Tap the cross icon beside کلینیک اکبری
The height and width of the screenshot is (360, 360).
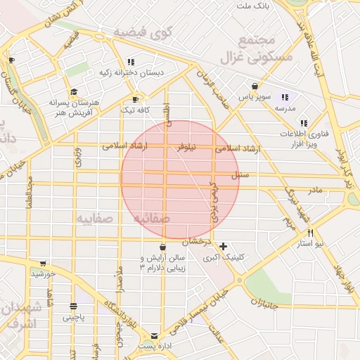coord(223,246)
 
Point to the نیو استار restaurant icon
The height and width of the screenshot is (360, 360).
coord(309,233)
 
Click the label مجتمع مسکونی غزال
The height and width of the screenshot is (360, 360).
coord(264,49)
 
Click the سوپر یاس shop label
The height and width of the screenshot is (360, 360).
coord(254,96)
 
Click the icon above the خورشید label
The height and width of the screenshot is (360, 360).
coord(43,263)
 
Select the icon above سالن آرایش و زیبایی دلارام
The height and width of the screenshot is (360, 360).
coord(163,247)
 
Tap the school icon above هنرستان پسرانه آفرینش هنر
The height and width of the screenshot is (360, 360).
coord(74,92)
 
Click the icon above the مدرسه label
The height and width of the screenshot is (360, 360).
coord(285,97)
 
